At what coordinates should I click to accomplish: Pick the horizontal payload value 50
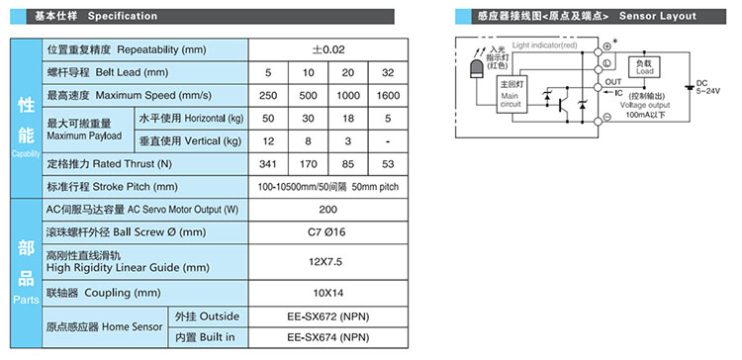pyautogui.click(x=267, y=118)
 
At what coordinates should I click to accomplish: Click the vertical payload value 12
pyautogui.click(x=267, y=140)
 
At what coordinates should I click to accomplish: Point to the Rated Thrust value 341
pyautogui.click(x=267, y=163)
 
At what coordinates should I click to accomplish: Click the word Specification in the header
pyautogui.click(x=122, y=16)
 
